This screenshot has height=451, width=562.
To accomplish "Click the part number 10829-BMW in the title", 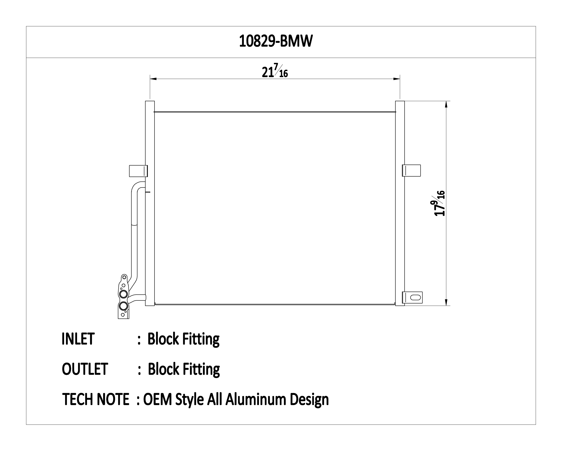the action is (276, 41).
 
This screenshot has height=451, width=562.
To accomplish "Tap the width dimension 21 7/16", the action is (275, 71).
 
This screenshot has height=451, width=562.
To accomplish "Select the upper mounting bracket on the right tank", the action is (411, 171).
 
